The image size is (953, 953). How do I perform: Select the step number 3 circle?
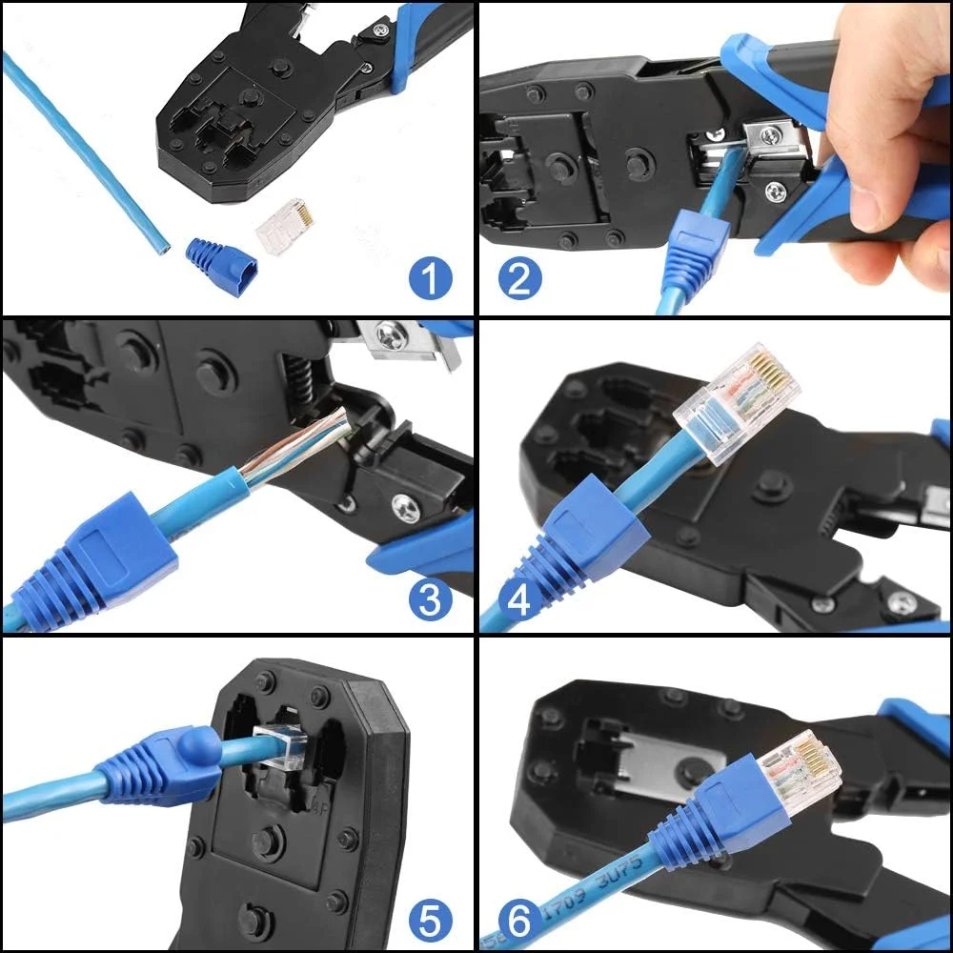coord(430,599)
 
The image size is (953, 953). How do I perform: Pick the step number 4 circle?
coord(520,599)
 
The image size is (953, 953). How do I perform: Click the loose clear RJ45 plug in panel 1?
coord(286,226)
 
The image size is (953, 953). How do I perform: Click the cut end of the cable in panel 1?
coord(163,249)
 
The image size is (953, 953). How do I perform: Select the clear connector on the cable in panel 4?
coord(736,401)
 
